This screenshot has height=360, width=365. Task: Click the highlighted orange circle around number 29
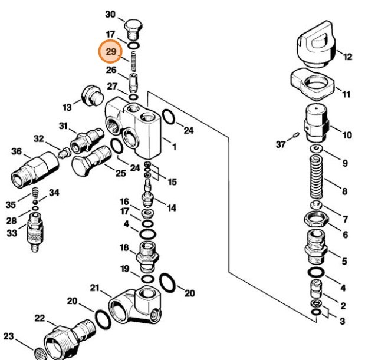(x=111, y=52)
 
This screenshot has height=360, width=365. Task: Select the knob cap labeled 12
(x=317, y=47)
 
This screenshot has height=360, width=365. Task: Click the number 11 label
(x=346, y=94)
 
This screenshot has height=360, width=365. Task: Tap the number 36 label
(x=17, y=151)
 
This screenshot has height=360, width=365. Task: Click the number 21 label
(x=94, y=288)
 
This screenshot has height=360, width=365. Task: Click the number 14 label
(x=171, y=207)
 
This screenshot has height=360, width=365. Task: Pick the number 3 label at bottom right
(x=342, y=321)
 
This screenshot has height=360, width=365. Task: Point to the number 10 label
(x=347, y=135)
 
